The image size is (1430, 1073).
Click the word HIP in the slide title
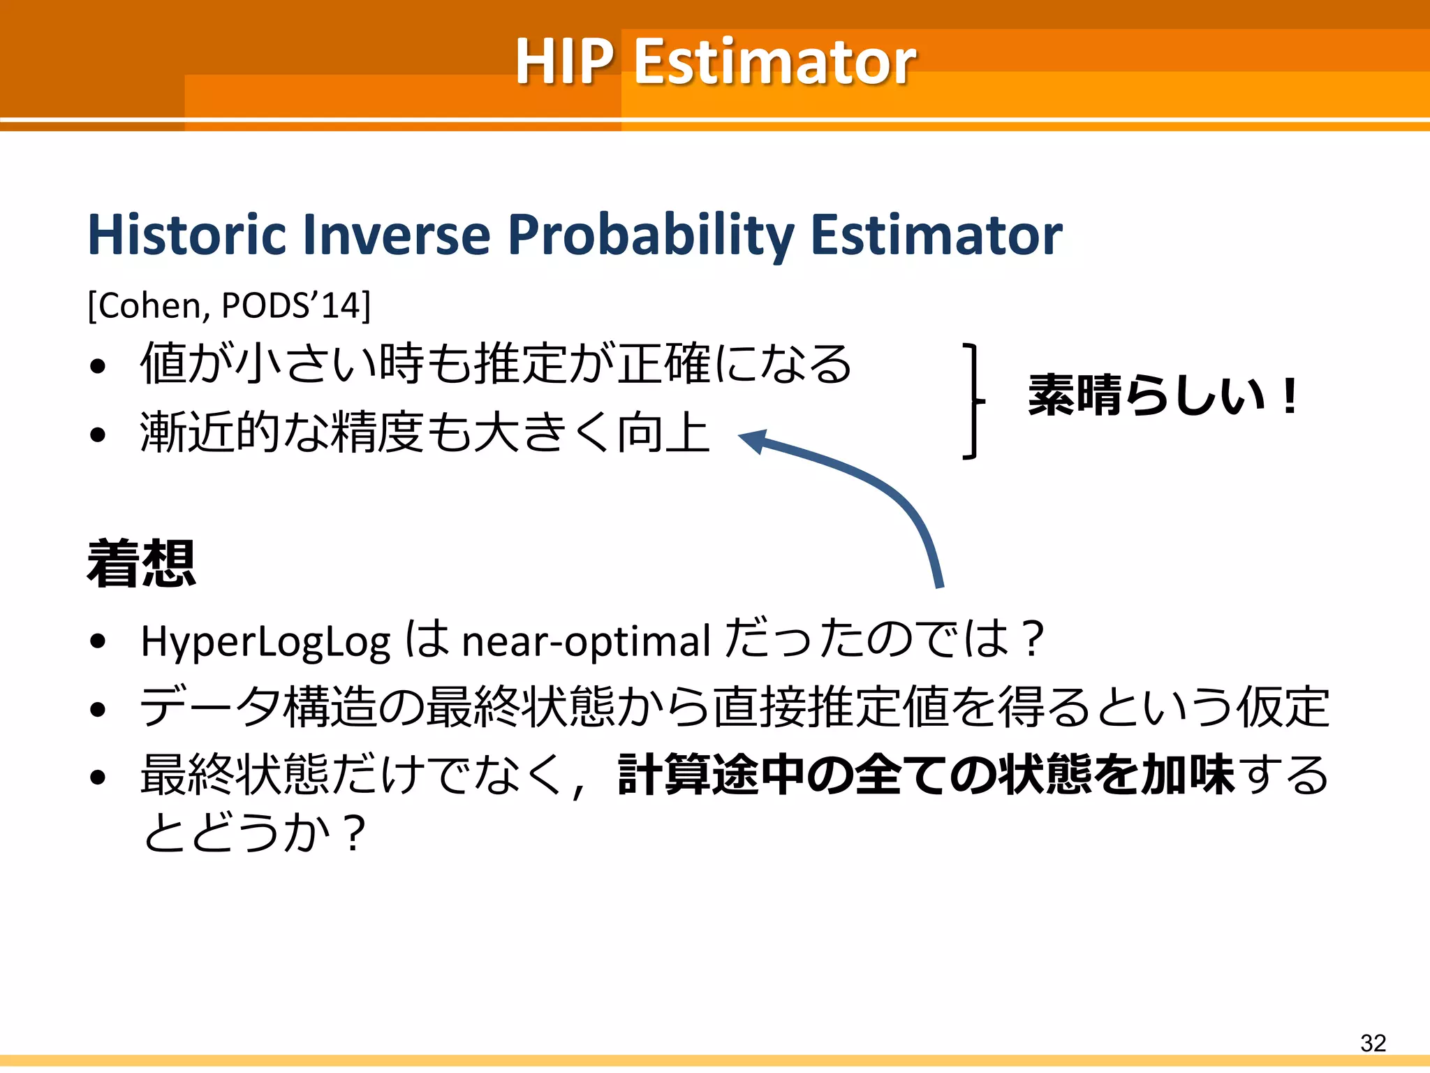click(x=564, y=61)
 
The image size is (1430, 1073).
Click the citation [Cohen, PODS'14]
click(x=229, y=305)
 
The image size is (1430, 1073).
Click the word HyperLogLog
click(x=265, y=641)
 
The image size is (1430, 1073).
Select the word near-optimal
click(x=586, y=641)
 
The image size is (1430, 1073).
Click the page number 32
click(x=1373, y=1043)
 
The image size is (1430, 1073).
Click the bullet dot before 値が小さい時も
click(x=98, y=365)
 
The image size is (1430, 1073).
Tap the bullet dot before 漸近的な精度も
click(x=98, y=435)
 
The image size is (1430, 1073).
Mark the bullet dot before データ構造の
click(x=98, y=709)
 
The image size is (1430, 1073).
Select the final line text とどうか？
click(x=255, y=833)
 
